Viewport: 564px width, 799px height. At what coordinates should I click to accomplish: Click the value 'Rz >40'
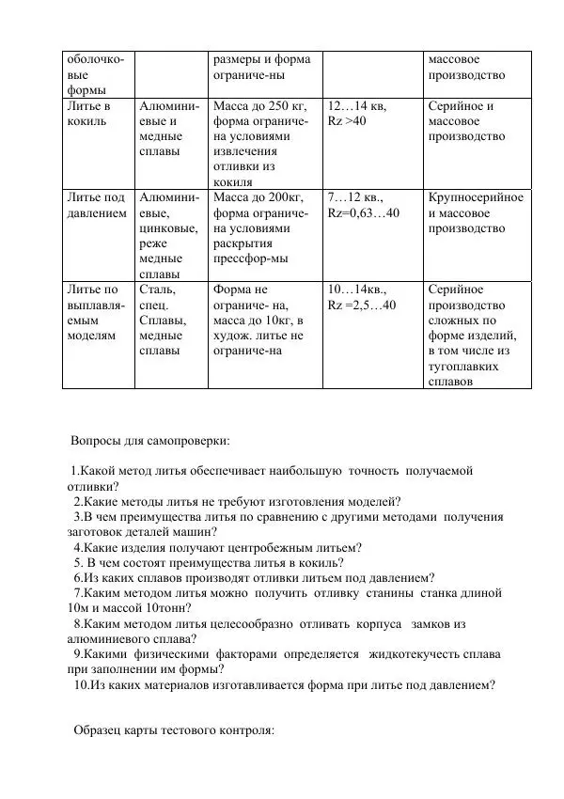347,121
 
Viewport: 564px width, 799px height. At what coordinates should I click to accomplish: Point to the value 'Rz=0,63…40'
363,213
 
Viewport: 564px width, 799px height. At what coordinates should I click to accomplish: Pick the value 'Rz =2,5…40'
362,305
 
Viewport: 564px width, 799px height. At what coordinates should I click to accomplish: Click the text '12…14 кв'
356,106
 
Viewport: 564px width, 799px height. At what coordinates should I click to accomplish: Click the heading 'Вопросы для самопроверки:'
150,440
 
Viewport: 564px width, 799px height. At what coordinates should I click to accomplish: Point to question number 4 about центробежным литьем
217,547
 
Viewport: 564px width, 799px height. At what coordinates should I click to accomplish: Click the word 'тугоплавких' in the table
468,366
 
